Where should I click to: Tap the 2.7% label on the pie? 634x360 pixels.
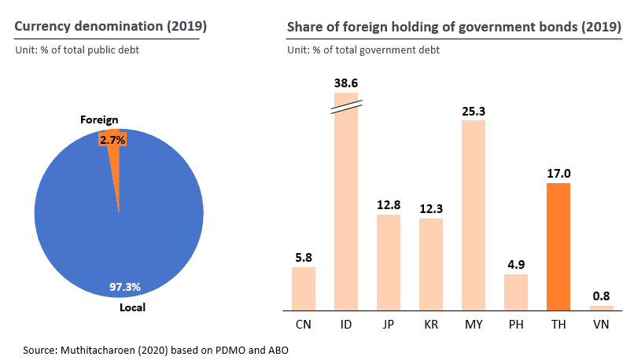(112, 139)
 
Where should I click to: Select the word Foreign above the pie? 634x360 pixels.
(99, 120)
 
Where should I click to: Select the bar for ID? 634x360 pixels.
(346, 204)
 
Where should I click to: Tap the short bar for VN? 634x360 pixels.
(601, 307)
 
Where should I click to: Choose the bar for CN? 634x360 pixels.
(304, 288)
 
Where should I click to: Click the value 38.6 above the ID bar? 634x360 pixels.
(346, 82)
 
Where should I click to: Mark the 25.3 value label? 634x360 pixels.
(474, 111)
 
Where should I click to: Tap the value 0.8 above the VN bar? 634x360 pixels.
(601, 296)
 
